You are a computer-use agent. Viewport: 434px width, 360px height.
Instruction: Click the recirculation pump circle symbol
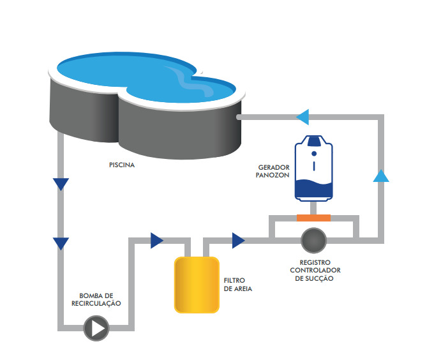pyautogui.click(x=96, y=329)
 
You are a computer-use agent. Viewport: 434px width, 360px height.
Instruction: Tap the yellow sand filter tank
pyautogui.click(x=197, y=285)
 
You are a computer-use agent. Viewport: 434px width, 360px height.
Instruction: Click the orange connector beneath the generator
pyautogui.click(x=313, y=218)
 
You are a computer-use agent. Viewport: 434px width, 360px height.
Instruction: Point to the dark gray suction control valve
pyautogui.click(x=313, y=240)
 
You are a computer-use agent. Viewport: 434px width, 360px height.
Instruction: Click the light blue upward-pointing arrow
pyautogui.click(x=381, y=176)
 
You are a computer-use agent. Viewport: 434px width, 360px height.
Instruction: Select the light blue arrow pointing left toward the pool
pyautogui.click(x=303, y=117)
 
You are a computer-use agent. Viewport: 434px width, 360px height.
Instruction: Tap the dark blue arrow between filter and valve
pyautogui.click(x=238, y=240)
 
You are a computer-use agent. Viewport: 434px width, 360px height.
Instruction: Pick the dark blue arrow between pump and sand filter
pyautogui.click(x=156, y=240)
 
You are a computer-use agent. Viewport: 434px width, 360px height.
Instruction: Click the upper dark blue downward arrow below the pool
pyautogui.click(x=61, y=184)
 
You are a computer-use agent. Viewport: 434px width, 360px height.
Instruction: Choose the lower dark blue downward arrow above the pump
pyautogui.click(x=61, y=243)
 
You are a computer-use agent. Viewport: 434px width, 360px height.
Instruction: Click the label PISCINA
pyautogui.click(x=122, y=164)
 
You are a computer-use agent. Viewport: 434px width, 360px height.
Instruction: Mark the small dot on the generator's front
pyautogui.click(x=313, y=154)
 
